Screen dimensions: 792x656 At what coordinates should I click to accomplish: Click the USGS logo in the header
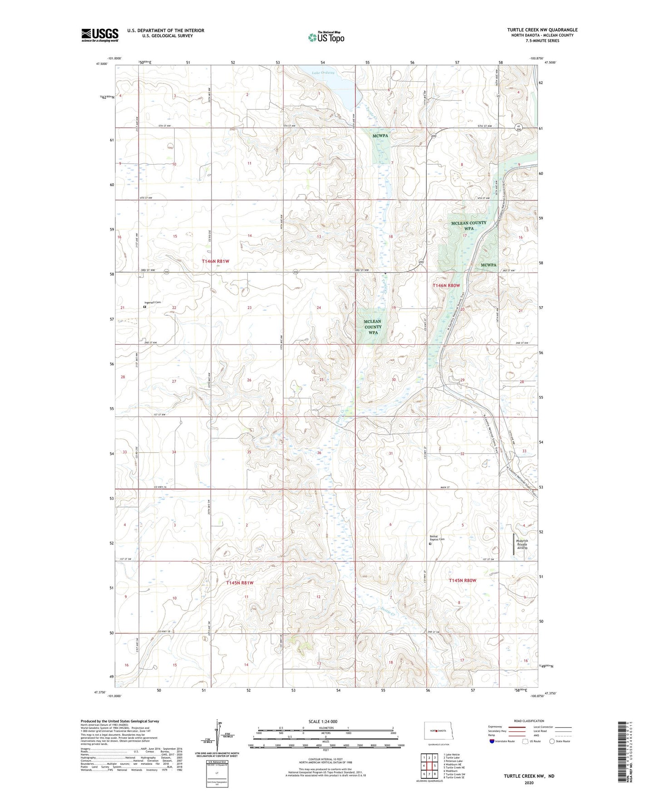click(x=99, y=35)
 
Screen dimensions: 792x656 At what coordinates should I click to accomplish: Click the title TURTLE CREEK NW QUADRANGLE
click(x=542, y=30)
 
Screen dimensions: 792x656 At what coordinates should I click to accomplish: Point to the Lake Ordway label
click(x=323, y=73)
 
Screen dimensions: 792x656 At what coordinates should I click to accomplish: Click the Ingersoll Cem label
click(x=153, y=303)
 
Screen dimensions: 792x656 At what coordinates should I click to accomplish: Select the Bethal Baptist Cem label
click(x=437, y=538)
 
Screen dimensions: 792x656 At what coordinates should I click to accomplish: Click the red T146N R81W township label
click(x=216, y=262)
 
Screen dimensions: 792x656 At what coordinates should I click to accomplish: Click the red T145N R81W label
click(x=240, y=583)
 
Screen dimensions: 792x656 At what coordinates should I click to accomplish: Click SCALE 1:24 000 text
click(x=323, y=722)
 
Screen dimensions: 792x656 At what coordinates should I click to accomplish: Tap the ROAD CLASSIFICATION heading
click(x=529, y=721)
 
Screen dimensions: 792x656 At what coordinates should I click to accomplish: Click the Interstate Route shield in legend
click(x=492, y=741)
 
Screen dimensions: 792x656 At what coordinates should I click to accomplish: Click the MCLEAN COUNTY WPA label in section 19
click(x=373, y=327)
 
